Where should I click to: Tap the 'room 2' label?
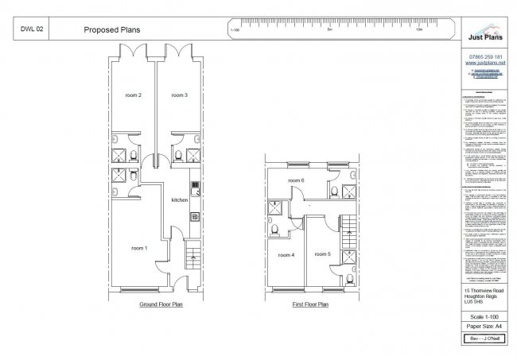pyautogui.click(x=134, y=95)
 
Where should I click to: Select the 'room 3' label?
pyautogui.click(x=179, y=95)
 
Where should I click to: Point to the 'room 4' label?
pyautogui.click(x=286, y=255)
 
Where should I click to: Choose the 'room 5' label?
pyautogui.click(x=322, y=254)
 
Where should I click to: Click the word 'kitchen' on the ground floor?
pyautogui.click(x=180, y=200)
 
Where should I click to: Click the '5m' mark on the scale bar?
pyautogui.click(x=328, y=30)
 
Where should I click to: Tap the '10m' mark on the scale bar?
pyautogui.click(x=418, y=30)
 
